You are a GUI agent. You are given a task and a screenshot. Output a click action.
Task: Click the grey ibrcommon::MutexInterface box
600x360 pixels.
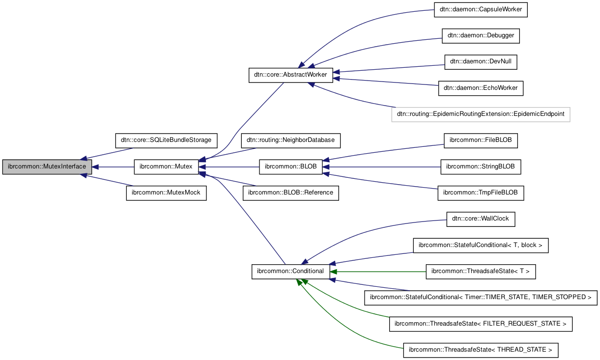click(x=47, y=167)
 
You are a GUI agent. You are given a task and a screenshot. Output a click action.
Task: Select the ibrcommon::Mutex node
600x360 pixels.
click(x=166, y=167)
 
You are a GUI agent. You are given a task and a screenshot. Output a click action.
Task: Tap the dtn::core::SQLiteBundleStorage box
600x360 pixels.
click(x=166, y=140)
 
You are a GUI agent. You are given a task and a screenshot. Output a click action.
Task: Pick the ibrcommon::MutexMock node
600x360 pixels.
click(x=166, y=193)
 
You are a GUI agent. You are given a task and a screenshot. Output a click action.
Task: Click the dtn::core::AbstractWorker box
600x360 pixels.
click(x=290, y=75)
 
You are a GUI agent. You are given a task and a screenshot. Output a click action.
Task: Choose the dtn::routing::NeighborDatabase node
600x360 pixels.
click(x=290, y=140)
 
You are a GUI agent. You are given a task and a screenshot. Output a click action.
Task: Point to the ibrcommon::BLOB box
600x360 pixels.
click(x=290, y=167)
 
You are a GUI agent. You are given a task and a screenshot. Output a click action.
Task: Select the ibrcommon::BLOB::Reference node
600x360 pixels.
click(x=290, y=193)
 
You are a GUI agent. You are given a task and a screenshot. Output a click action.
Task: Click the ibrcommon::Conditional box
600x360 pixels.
click(x=290, y=271)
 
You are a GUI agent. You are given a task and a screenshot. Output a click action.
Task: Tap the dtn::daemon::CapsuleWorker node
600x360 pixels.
click(x=481, y=10)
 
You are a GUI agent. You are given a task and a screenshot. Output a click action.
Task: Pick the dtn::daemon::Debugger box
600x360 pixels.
click(x=481, y=36)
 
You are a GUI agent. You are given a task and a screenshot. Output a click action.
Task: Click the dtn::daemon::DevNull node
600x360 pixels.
click(x=481, y=62)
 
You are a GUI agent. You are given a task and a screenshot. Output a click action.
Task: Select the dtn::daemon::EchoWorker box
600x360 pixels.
click(x=481, y=88)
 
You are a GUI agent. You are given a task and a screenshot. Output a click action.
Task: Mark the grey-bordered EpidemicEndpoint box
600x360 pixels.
click(x=481, y=114)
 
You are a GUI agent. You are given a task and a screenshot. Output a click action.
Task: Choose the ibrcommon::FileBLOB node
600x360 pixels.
click(x=481, y=140)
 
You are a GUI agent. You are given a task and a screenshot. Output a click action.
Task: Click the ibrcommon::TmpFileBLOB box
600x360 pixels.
click(x=481, y=193)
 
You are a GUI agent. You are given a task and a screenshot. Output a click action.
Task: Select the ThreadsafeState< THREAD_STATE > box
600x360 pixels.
click(x=481, y=350)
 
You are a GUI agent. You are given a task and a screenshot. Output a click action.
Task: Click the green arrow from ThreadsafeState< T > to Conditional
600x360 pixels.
click(x=378, y=271)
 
